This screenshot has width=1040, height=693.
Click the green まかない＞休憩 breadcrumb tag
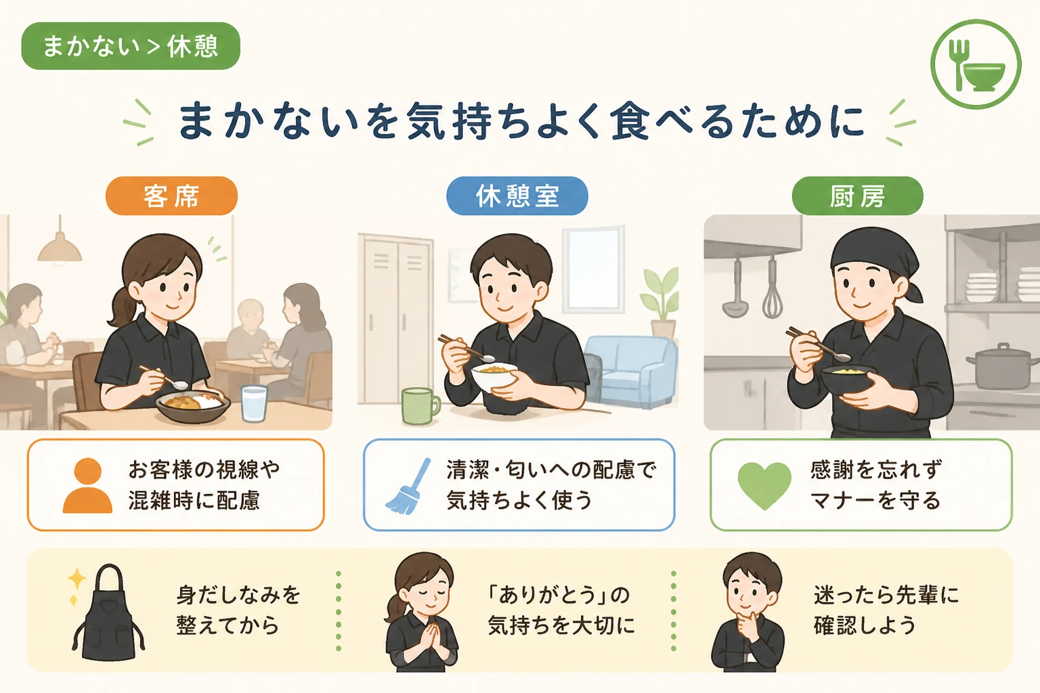tap(131, 46)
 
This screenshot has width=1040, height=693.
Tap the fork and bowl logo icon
tap(976, 64)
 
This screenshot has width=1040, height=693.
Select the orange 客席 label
tap(171, 196)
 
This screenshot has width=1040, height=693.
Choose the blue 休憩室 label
tap(517, 196)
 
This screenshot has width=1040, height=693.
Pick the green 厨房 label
tap(858, 196)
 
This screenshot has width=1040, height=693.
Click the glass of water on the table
tap(254, 403)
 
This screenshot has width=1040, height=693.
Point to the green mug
tap(420, 406)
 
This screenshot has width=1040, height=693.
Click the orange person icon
tap(88, 485)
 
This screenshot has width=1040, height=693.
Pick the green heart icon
tap(764, 485)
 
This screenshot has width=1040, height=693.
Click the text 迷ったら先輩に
tap(886, 595)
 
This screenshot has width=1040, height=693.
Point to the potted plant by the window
tap(660, 302)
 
